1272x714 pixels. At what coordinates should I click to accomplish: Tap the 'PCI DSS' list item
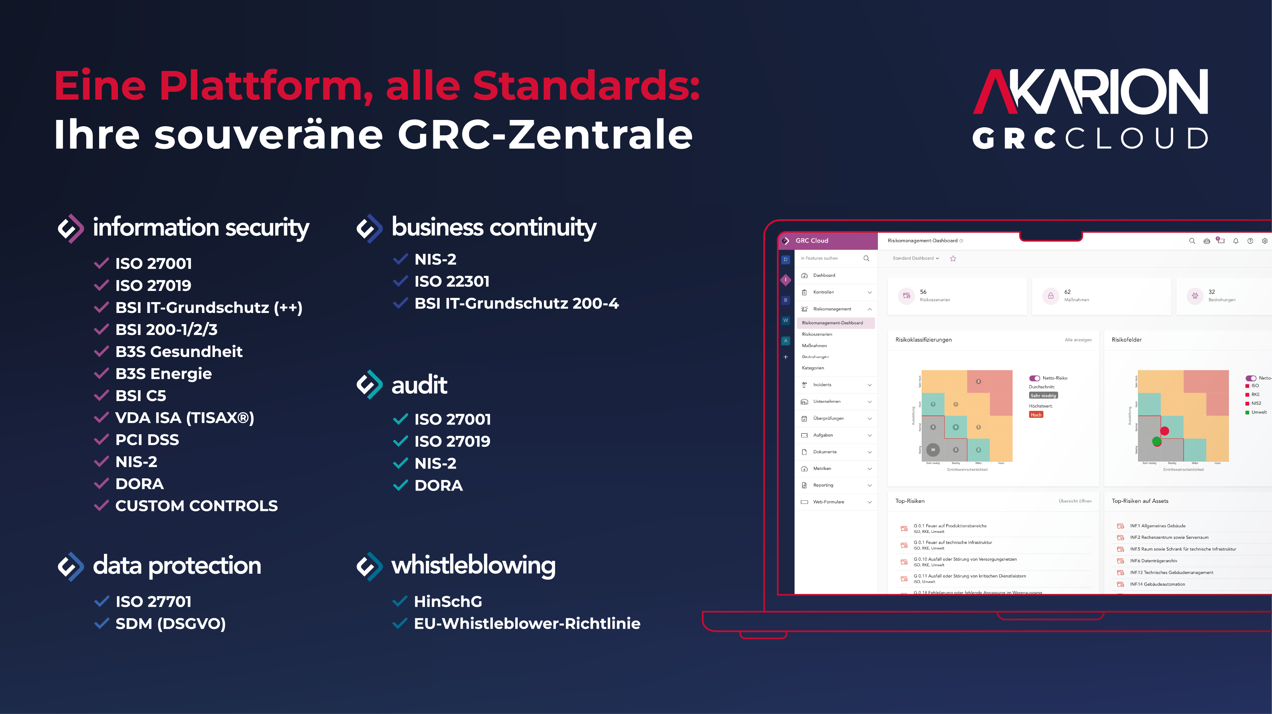(147, 440)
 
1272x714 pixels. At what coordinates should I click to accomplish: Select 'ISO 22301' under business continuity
(452, 281)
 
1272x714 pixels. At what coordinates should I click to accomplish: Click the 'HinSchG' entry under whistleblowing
(448, 601)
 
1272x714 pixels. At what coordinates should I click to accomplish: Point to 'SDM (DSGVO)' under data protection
(170, 624)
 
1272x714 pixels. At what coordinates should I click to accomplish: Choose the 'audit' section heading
(419, 385)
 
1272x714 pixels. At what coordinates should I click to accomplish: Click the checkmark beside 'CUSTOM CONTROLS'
(101, 505)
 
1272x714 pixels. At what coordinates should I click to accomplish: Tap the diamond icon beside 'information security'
(71, 228)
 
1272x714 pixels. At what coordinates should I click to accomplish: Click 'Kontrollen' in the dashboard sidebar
(824, 292)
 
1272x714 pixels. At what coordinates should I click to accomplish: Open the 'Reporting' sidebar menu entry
(823, 485)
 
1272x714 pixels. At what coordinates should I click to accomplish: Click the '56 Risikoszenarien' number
(923, 292)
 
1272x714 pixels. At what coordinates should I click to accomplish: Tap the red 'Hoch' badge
(1036, 414)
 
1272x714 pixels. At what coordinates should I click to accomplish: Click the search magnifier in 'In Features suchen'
(866, 258)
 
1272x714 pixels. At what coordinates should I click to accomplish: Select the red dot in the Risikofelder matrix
(1164, 431)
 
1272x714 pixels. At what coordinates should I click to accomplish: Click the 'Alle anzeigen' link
(1078, 340)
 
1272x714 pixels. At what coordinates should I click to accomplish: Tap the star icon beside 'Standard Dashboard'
(953, 258)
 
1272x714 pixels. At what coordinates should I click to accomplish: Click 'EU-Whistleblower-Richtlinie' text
(527, 624)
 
